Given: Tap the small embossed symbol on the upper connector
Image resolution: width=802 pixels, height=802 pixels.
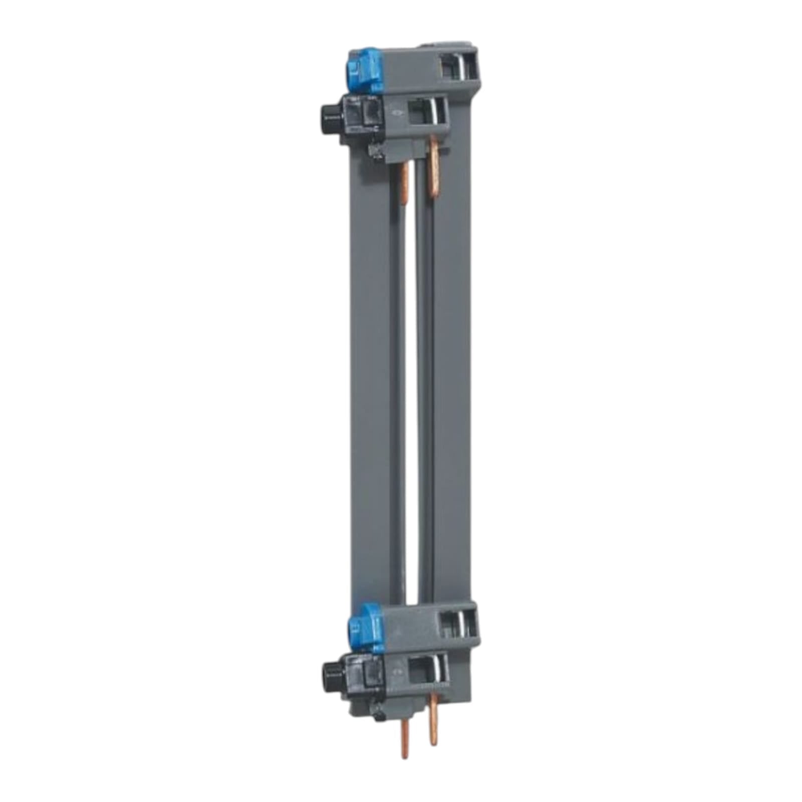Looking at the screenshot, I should pyautogui.click(x=396, y=113).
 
